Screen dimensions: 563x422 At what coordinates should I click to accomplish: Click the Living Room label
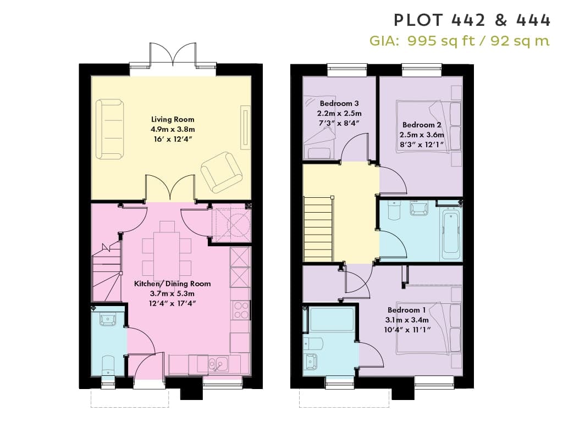(x=172, y=119)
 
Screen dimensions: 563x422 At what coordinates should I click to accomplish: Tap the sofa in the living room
(x=110, y=129)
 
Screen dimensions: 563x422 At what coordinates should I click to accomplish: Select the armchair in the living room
(x=222, y=172)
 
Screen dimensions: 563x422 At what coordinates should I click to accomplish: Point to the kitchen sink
(x=219, y=364)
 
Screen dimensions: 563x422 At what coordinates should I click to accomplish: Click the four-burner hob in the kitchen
(x=241, y=310)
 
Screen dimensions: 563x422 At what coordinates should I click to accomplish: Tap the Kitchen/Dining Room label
(x=172, y=284)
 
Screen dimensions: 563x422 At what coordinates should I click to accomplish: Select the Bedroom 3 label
(x=339, y=104)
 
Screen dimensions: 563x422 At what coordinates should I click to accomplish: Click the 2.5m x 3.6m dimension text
(x=422, y=135)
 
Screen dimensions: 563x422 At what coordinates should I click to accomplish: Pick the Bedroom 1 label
(x=406, y=310)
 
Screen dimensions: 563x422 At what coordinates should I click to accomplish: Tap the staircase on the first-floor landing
(x=319, y=229)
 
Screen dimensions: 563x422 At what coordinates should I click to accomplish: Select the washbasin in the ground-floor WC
(x=107, y=319)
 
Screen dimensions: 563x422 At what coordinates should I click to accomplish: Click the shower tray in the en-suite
(x=330, y=319)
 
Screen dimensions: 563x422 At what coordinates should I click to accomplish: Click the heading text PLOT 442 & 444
(x=471, y=20)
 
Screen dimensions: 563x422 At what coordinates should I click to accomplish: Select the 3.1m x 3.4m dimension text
(x=406, y=320)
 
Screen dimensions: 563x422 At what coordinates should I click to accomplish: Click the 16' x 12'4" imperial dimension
(x=172, y=139)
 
